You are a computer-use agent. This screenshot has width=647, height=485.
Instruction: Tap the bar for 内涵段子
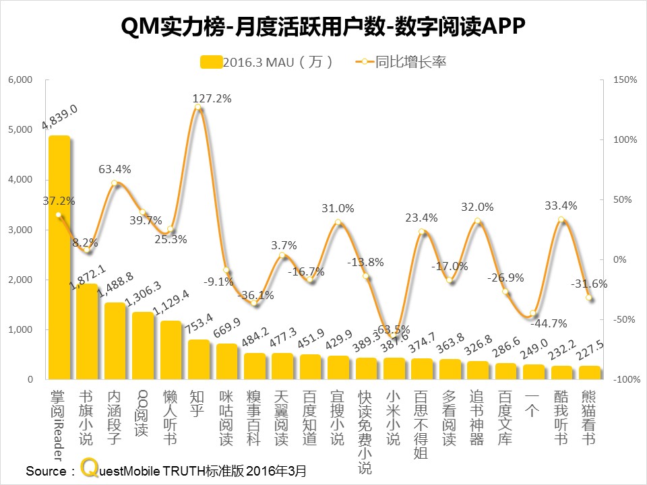115,341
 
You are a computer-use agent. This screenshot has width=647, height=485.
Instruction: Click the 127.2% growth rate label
212,98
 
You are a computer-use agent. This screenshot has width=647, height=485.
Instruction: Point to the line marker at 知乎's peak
197,107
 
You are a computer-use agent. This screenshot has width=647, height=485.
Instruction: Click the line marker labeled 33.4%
561,220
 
